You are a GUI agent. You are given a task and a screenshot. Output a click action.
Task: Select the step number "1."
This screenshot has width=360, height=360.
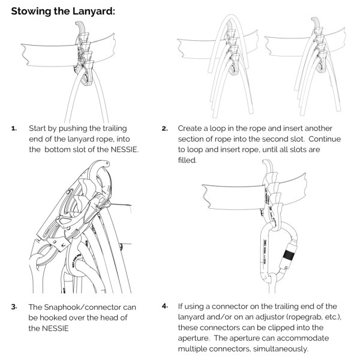pos(14,128)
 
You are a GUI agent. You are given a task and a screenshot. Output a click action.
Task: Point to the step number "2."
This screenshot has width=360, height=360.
pos(164,128)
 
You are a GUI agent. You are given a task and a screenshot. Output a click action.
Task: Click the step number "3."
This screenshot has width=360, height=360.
pos(14,307)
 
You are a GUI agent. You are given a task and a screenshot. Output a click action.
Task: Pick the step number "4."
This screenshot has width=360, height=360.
pos(165,306)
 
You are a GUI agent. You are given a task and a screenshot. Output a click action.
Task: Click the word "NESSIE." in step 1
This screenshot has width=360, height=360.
pos(125,149)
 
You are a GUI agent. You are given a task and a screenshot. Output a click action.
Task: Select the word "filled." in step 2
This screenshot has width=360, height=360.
pos(187,160)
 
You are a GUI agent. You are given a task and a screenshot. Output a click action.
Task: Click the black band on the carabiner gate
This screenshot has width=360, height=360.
pos(289,255)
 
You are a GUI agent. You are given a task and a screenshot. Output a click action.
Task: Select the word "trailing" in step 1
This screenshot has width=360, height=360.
pos(115,128)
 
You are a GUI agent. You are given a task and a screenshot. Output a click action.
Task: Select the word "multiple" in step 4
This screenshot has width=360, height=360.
pos(191,349)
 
